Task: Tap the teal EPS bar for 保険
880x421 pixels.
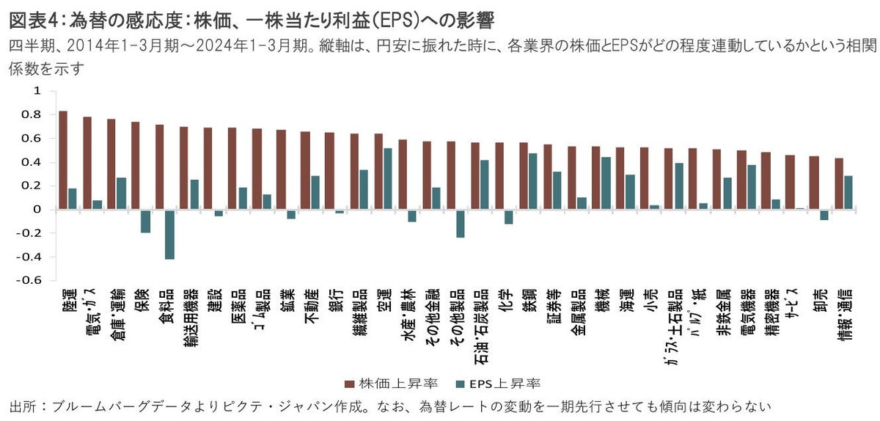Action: pyautogui.click(x=145, y=221)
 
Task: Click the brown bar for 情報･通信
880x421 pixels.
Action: pyautogui.click(x=839, y=183)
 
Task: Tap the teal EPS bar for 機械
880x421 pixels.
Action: pyautogui.click(x=606, y=183)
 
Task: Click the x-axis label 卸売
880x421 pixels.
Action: pyautogui.click(x=814, y=304)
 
